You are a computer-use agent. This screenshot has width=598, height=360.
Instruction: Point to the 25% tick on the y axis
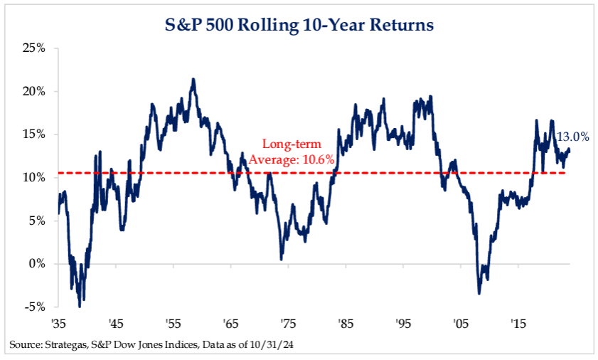click(x=33, y=48)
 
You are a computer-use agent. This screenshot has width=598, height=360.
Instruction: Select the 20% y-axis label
click(x=33, y=92)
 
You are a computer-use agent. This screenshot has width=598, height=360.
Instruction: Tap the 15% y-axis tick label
click(x=33, y=134)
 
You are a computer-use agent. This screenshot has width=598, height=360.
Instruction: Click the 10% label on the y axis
click(x=33, y=177)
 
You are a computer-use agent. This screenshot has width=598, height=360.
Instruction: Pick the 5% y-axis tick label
click(x=36, y=221)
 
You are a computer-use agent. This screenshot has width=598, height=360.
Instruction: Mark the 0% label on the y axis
click(x=36, y=263)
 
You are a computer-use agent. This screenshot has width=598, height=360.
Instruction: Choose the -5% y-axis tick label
click(x=35, y=307)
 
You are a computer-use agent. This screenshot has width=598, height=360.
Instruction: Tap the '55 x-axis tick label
click(x=173, y=323)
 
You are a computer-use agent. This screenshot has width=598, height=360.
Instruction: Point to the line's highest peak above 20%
click(x=193, y=79)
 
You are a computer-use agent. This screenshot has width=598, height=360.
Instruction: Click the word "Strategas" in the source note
click(x=63, y=346)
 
